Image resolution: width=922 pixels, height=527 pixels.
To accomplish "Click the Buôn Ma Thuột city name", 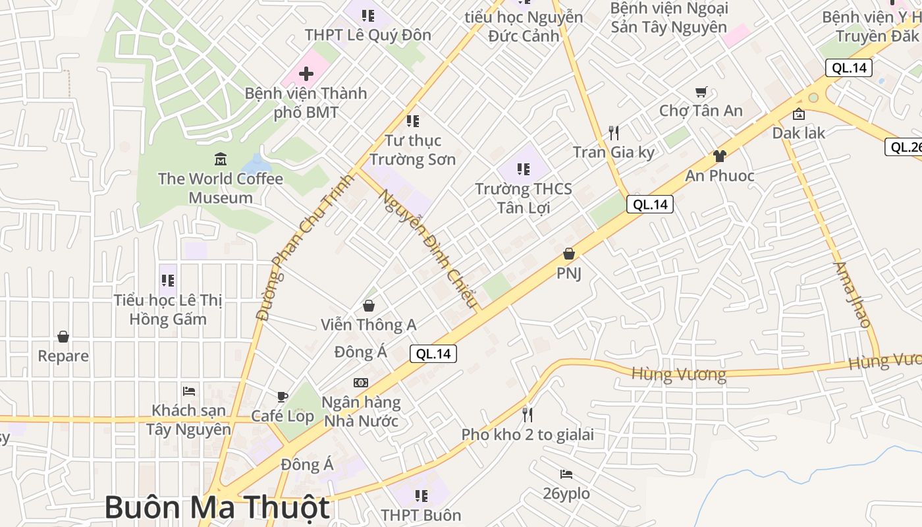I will [217, 508].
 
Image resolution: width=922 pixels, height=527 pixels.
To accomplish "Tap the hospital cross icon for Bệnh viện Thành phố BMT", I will [306, 74].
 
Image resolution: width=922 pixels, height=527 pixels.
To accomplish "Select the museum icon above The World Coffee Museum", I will [221, 159].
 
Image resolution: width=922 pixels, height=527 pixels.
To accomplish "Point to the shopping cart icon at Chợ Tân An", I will [701, 92].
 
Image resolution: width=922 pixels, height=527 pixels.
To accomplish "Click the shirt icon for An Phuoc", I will [719, 156].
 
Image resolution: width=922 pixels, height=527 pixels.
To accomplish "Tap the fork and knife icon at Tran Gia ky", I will [614, 133].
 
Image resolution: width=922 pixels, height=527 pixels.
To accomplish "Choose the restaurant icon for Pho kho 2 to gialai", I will [527, 414].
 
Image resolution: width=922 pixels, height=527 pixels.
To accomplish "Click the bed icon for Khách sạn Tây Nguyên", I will [189, 391].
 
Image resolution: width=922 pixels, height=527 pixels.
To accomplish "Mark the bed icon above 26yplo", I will [566, 474].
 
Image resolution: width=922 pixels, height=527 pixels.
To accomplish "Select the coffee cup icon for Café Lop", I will [282, 397].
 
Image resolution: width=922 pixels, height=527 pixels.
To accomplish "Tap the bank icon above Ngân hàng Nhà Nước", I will [361, 383].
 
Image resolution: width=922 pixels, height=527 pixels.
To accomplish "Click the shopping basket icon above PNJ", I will [569, 254].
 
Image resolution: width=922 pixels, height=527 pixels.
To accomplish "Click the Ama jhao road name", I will [853, 294].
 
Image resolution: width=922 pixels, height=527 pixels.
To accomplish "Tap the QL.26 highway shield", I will [904, 147].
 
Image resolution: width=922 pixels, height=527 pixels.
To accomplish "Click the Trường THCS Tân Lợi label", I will [524, 198].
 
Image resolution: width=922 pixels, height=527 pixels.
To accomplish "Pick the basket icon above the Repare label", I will [63, 337].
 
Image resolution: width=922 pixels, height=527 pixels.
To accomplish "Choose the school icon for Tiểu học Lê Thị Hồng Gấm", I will [168, 281].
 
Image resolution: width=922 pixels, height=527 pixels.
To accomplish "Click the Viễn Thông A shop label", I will [368, 325].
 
